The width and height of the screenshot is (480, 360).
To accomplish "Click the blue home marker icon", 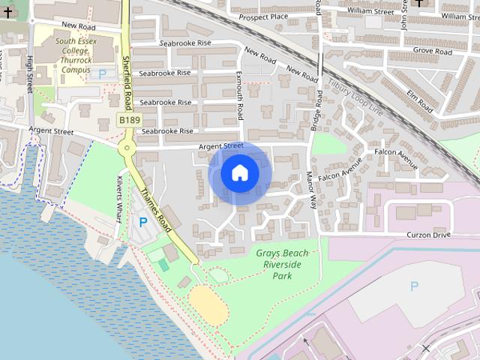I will pos(240,173).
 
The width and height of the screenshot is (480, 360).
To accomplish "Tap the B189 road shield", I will pos(129,119).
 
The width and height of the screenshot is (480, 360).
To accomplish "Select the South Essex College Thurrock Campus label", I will pos(76,55).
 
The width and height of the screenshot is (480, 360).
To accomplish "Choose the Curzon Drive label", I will pos(428,235).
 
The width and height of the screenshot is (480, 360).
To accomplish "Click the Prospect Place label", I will pos(263,16).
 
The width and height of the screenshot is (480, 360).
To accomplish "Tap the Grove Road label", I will pos(433,52).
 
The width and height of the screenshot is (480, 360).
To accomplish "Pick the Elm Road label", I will pos(419,97).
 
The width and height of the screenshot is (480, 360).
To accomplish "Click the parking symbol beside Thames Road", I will pos(142,223).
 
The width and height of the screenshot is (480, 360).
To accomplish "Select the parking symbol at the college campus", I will pos(102,73).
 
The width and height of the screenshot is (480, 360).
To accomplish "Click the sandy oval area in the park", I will pos(208,304).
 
